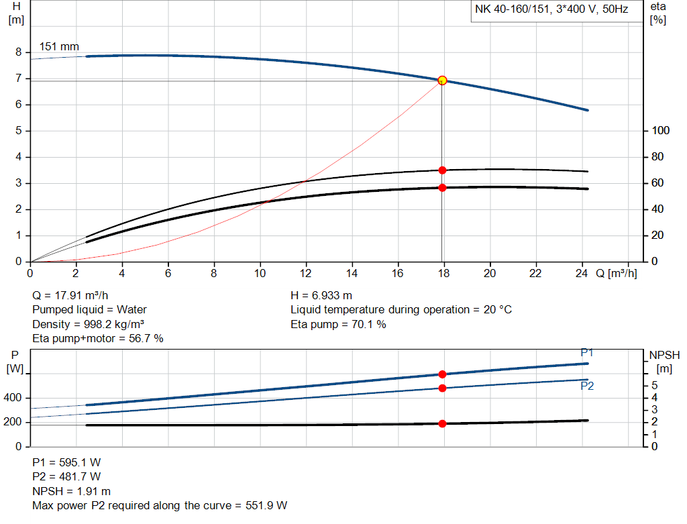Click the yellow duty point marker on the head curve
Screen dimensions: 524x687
click(x=442, y=81)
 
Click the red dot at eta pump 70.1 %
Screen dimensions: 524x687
click(x=442, y=170)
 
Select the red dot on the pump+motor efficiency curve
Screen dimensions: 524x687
click(x=442, y=188)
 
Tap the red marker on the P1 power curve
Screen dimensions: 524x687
click(x=442, y=374)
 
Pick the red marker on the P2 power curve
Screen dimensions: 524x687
click(x=442, y=388)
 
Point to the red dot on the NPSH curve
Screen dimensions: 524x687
click(x=442, y=423)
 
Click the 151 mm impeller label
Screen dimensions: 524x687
click(x=59, y=47)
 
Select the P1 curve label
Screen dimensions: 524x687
click(x=587, y=353)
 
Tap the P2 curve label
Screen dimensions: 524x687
click(x=587, y=386)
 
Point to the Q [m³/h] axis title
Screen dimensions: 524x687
click(x=616, y=274)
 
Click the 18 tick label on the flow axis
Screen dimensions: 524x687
click(x=442, y=274)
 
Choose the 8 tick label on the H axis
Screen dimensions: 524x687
click(x=19, y=52)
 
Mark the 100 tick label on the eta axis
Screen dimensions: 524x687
click(x=660, y=131)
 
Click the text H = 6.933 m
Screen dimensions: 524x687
click(x=321, y=295)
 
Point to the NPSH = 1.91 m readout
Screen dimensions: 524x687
click(x=72, y=491)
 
